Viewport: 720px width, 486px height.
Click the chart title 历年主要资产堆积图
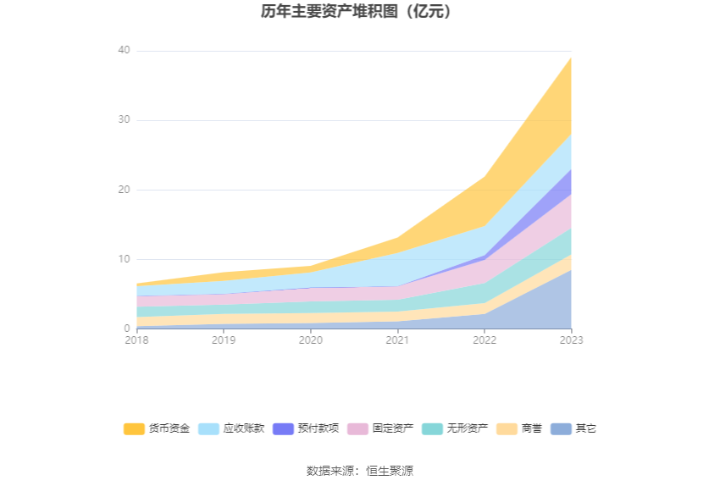tap(359, 12)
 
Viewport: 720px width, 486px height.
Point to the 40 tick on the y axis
tap(124, 51)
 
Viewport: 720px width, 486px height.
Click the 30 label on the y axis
tap(124, 120)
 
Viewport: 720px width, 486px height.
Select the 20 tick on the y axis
tap(124, 190)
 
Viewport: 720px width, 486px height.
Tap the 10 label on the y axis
tap(124, 259)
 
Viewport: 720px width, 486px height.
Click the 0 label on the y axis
tap(127, 329)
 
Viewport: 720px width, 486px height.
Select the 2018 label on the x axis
tap(136, 340)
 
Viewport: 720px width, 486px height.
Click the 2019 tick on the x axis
tap(224, 340)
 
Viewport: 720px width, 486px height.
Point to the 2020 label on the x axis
tap(310, 340)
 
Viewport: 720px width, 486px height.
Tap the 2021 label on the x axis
tap(397, 340)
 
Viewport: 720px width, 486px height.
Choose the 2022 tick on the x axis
tap(485, 340)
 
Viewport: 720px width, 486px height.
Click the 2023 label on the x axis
tap(571, 340)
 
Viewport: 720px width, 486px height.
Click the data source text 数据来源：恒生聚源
tap(359, 471)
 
